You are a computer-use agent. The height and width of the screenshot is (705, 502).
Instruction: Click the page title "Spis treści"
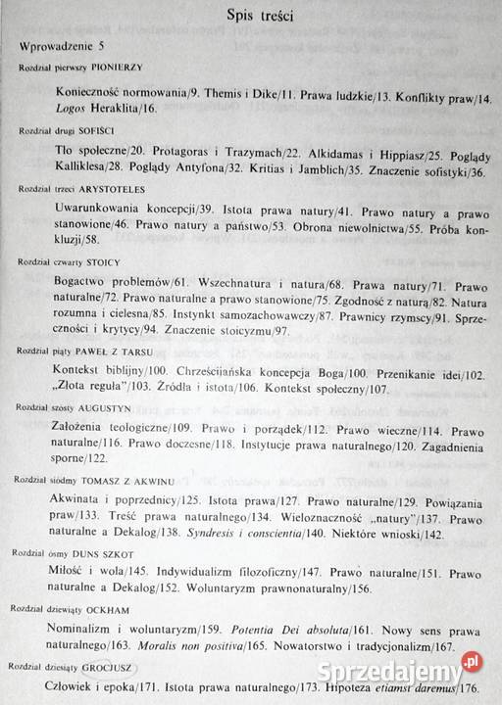pyautogui.click(x=250, y=17)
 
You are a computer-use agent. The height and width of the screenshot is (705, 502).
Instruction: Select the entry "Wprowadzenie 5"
pyautogui.click(x=73, y=47)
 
